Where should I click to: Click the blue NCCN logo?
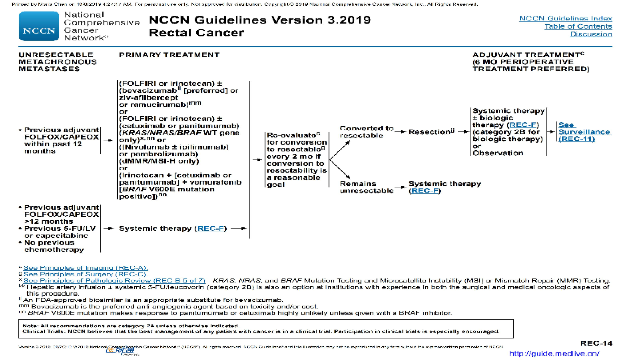pyautogui.click(x=39, y=26)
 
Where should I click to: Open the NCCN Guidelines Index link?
pyautogui.click(x=565, y=18)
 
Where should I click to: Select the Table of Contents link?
pyautogui.click(x=578, y=26)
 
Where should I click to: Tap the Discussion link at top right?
pyautogui.click(x=591, y=34)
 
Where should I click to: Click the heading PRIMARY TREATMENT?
pyautogui.click(x=169, y=55)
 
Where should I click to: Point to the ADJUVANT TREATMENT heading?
pyautogui.click(x=527, y=55)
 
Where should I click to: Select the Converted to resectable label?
pyautogui.click(x=366, y=132)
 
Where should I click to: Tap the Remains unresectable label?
pyautogui.click(x=366, y=187)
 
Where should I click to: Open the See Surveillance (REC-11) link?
pyautogui.click(x=584, y=132)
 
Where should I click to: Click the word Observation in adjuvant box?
pyautogui.click(x=498, y=153)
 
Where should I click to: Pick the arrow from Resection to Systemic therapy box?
pyautogui.click(x=463, y=132)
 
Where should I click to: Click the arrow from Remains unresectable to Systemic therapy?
pyautogui.click(x=401, y=187)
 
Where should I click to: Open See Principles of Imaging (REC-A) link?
pyautogui.click(x=86, y=268)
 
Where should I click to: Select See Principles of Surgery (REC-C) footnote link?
pyautogui.click(x=86, y=274)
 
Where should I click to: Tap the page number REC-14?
pyautogui.click(x=596, y=343)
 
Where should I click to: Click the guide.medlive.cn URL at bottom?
pyautogui.click(x=554, y=354)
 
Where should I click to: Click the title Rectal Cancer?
pyautogui.click(x=196, y=33)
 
